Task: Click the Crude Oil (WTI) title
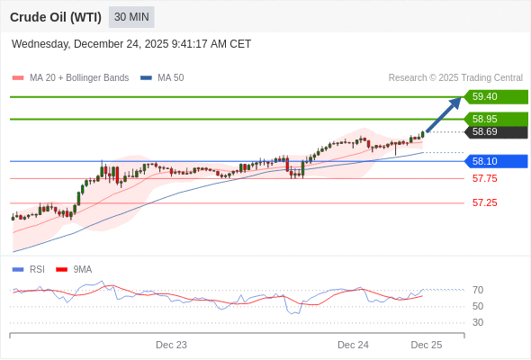point(55,17)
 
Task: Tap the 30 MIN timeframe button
point(131,17)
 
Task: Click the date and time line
point(131,44)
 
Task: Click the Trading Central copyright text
point(455,78)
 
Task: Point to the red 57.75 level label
point(484,178)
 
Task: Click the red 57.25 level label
point(484,202)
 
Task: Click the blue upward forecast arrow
point(444,113)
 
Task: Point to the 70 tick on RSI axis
point(478,290)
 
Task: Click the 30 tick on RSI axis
point(478,322)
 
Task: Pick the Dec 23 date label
point(171,345)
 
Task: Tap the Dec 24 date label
point(353,345)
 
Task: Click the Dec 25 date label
point(427,345)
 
